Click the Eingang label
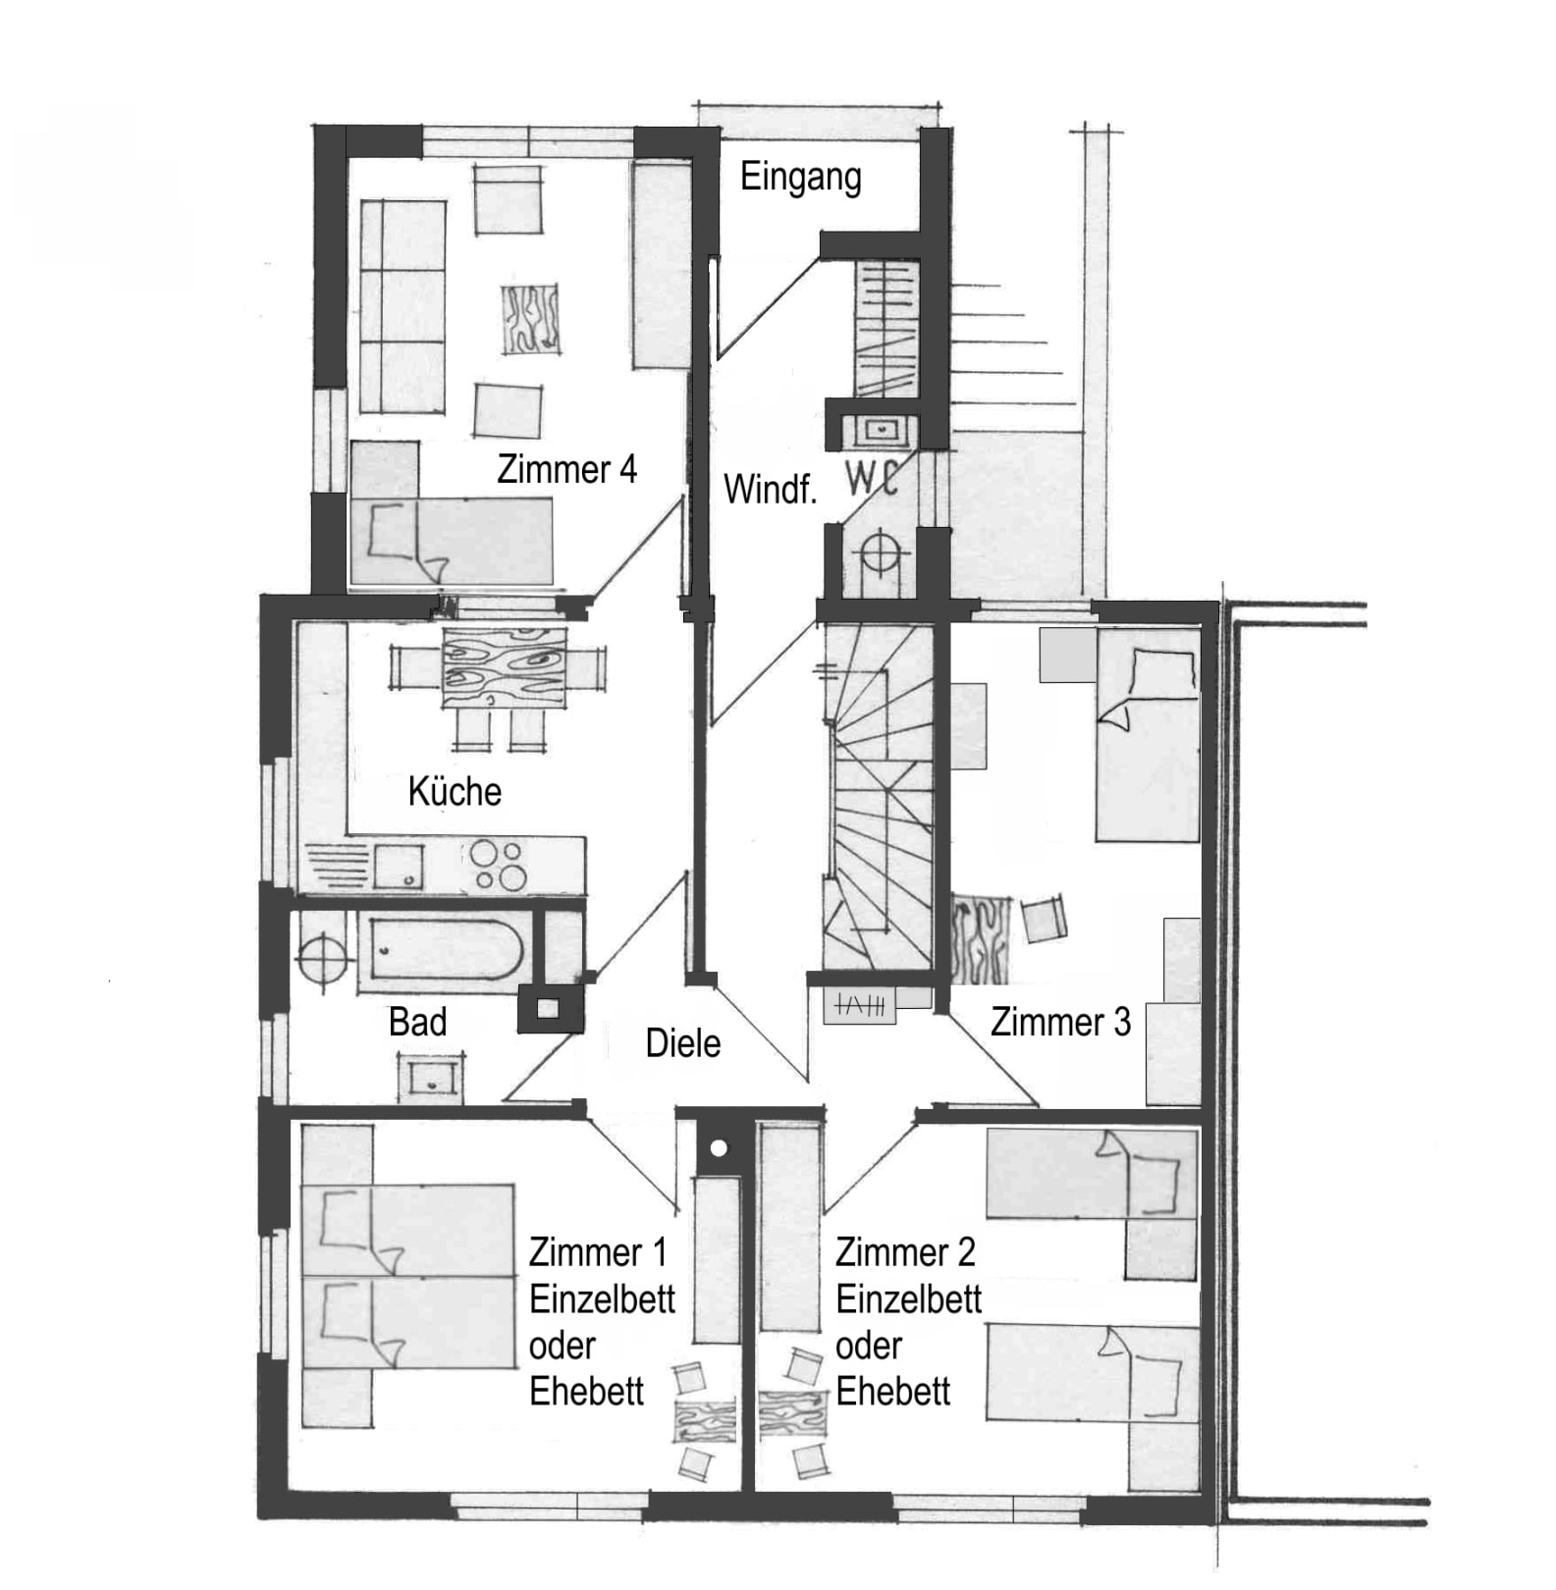(x=800, y=179)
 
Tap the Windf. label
(x=770, y=489)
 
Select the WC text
(x=873, y=478)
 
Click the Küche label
(x=455, y=791)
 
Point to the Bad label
(x=417, y=1022)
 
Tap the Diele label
(x=682, y=1043)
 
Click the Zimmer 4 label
(x=566, y=469)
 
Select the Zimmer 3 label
(x=1060, y=1022)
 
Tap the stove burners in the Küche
(x=498, y=865)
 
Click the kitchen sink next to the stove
(x=399, y=866)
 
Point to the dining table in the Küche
(x=505, y=668)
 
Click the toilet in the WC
(x=881, y=556)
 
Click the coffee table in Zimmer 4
(x=531, y=320)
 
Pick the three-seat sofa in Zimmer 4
(x=402, y=307)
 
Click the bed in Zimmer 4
(x=452, y=541)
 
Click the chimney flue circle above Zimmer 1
(x=719, y=1147)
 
